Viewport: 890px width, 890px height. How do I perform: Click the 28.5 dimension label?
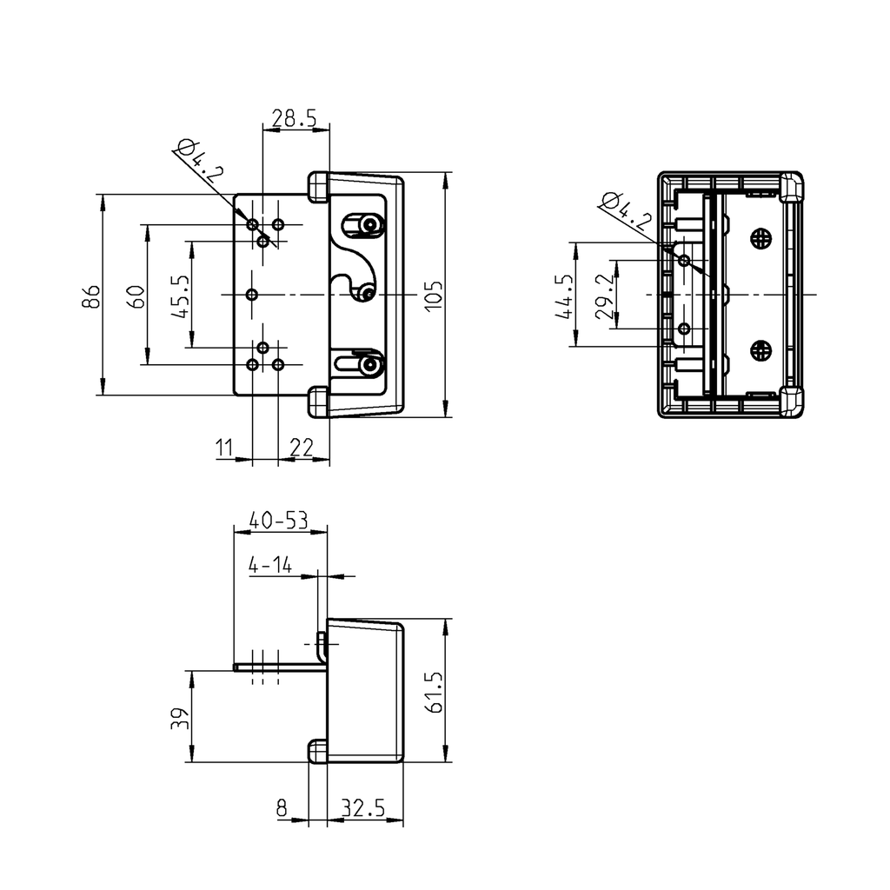coord(294,117)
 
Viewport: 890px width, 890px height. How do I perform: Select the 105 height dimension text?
coord(435,295)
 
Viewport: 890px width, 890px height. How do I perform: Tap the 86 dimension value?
coord(90,296)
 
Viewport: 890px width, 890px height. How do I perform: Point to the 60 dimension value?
coord(135,296)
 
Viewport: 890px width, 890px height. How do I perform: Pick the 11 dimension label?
coord(225,448)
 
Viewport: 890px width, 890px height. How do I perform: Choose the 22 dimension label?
coord(301,448)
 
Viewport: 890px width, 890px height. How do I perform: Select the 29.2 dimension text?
coord(606,296)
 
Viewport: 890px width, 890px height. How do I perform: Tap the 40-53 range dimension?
coord(278,520)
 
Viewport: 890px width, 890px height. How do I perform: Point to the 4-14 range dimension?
coord(269,566)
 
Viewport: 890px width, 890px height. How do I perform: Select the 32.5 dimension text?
coord(362,808)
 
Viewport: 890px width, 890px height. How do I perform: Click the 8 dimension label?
coord(282,808)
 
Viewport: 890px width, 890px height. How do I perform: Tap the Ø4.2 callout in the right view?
coord(626,209)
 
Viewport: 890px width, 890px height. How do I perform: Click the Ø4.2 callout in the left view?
coord(199,160)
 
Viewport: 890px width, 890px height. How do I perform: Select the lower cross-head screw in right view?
coord(760,351)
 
